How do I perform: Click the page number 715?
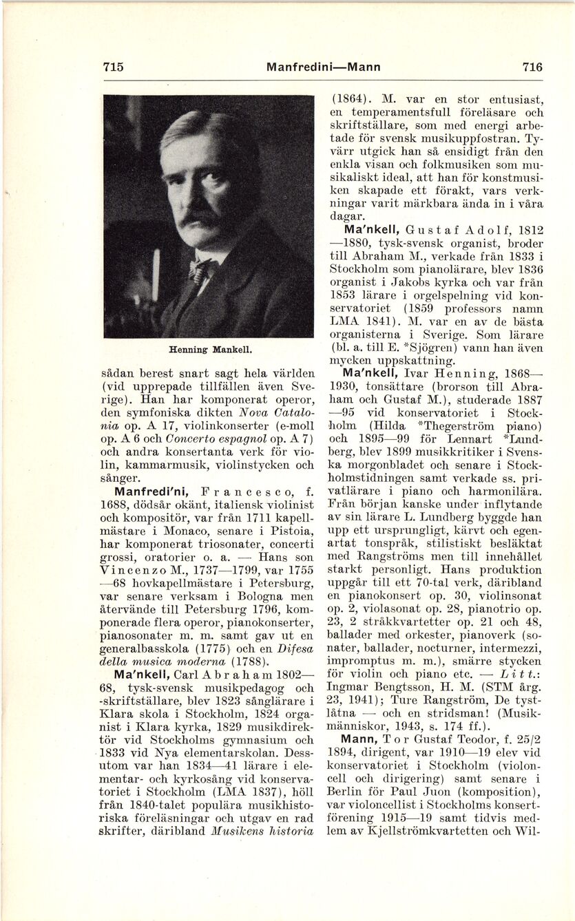coord(113,67)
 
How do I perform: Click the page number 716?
coord(532,67)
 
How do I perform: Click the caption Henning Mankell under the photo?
coord(208,350)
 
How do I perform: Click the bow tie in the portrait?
coord(199,268)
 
